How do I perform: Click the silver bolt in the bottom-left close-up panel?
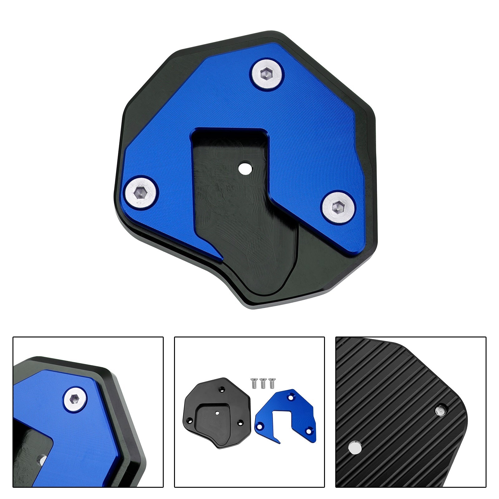tap(75, 399)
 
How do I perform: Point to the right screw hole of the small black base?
tap(240, 423)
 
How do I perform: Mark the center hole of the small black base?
tap(217, 413)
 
